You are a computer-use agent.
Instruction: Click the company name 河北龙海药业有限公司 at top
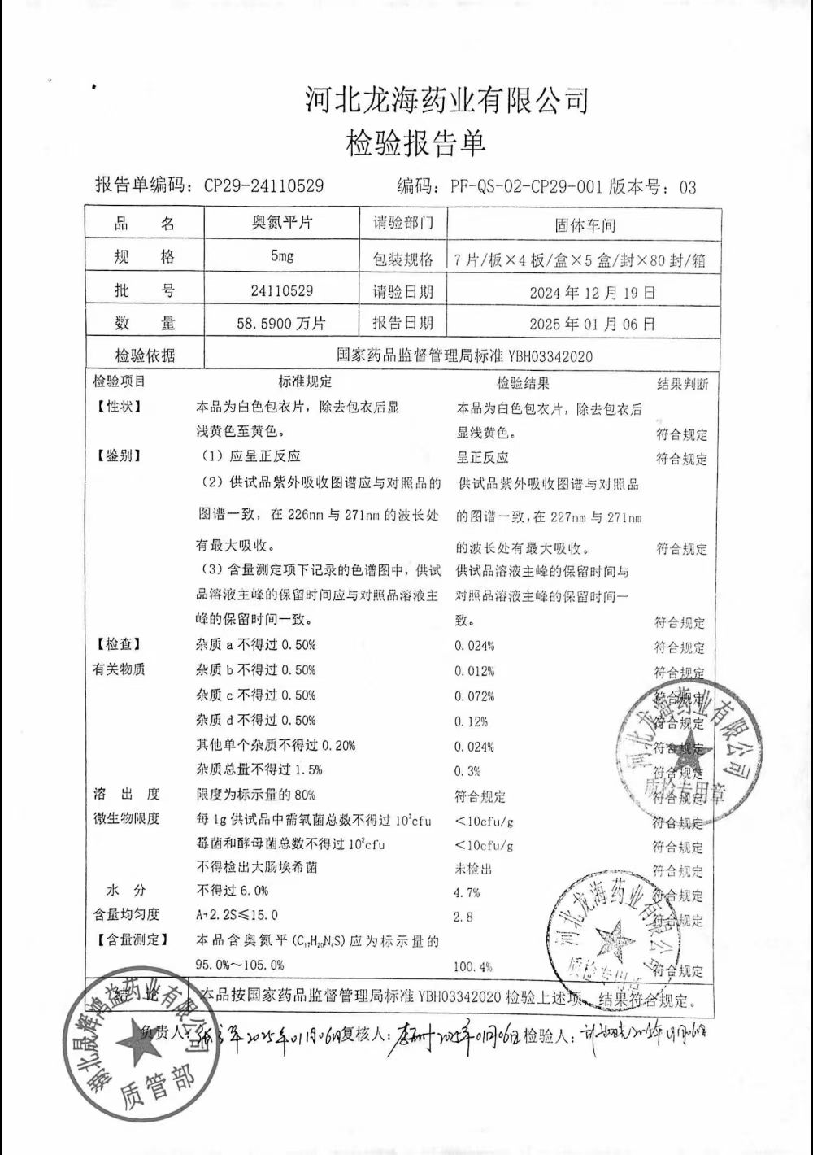[x=446, y=101]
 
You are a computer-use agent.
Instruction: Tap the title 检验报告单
[x=415, y=143]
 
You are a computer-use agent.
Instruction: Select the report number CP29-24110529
[x=263, y=186]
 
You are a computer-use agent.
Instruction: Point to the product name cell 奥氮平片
[x=281, y=223]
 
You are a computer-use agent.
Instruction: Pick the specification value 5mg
[x=282, y=256]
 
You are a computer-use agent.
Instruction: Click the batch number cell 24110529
[x=281, y=290]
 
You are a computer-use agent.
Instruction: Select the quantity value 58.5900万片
[x=281, y=323]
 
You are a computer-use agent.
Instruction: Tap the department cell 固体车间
[x=585, y=225]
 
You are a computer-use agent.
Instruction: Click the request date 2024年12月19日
[x=592, y=293]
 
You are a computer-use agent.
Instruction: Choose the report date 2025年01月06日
[x=592, y=324]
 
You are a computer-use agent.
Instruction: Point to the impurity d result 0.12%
[x=472, y=721]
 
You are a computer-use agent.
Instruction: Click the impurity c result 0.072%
[x=474, y=696]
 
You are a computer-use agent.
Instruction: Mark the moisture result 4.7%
[x=467, y=892]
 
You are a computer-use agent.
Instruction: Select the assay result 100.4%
[x=473, y=967]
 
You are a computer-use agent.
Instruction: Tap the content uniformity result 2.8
[x=463, y=917]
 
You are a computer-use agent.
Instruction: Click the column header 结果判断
[x=682, y=384]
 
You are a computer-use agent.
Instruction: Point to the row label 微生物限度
[x=126, y=818]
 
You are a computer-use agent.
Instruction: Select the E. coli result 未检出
[x=473, y=869]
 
